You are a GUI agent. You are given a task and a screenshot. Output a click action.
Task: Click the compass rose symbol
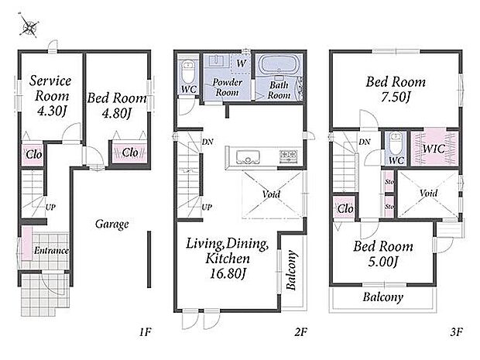(29, 26)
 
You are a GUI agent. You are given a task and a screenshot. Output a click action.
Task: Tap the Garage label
(111, 225)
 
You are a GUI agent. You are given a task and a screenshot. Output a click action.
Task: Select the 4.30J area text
(51, 111)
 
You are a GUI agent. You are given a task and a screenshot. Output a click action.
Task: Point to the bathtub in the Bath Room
(278, 64)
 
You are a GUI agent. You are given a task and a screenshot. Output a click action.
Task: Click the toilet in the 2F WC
(188, 70)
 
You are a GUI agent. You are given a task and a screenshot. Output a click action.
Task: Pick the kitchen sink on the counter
(248, 156)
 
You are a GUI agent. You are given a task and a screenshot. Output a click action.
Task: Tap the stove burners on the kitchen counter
(288, 155)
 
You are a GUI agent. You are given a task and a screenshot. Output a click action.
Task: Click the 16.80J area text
(228, 273)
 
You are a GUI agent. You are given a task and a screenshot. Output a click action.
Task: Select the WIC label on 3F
(434, 149)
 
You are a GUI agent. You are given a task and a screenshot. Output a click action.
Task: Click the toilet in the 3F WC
(396, 143)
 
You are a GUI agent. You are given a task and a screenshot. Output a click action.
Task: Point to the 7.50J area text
(396, 97)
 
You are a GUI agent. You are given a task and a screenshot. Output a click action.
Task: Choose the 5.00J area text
(382, 262)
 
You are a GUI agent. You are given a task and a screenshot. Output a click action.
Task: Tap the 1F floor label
(145, 331)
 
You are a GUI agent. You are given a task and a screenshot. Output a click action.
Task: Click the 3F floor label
(456, 331)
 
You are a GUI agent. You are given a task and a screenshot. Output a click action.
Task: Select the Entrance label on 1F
(51, 250)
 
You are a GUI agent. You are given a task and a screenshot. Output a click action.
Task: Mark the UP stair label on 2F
(207, 207)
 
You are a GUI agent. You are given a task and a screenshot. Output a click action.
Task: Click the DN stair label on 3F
(365, 142)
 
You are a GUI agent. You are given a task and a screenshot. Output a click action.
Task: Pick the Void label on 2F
(271, 194)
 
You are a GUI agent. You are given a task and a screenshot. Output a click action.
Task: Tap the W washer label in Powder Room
(242, 63)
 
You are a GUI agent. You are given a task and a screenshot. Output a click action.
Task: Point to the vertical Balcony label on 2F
(291, 270)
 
